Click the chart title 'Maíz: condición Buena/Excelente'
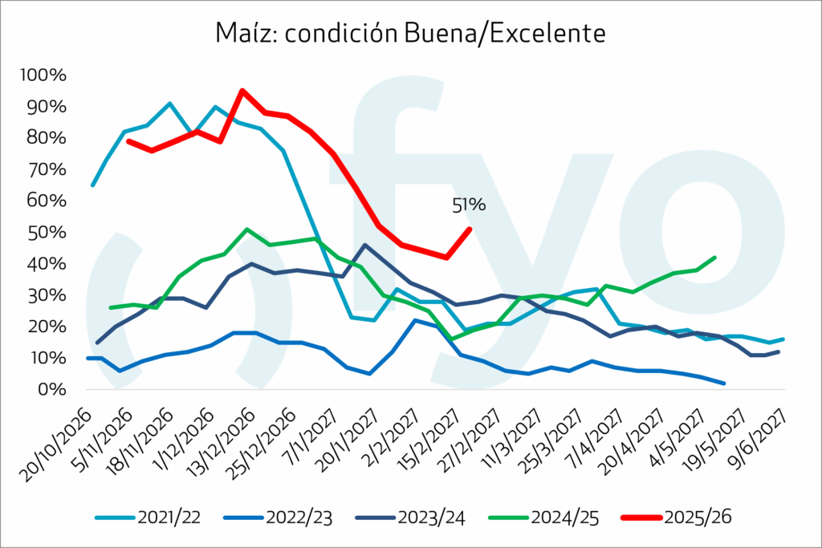tap(410, 33)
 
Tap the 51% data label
tap(469, 205)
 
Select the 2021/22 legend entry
tap(151, 518)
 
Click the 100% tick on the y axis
tap(47, 76)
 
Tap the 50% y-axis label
tap(51, 233)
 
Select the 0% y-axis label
tap(54, 390)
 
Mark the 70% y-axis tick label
tap(51, 170)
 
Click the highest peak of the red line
tap(242, 91)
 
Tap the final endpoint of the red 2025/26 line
tap(470, 229)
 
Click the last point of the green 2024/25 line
tap(714, 258)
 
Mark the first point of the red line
tap(128, 141)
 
